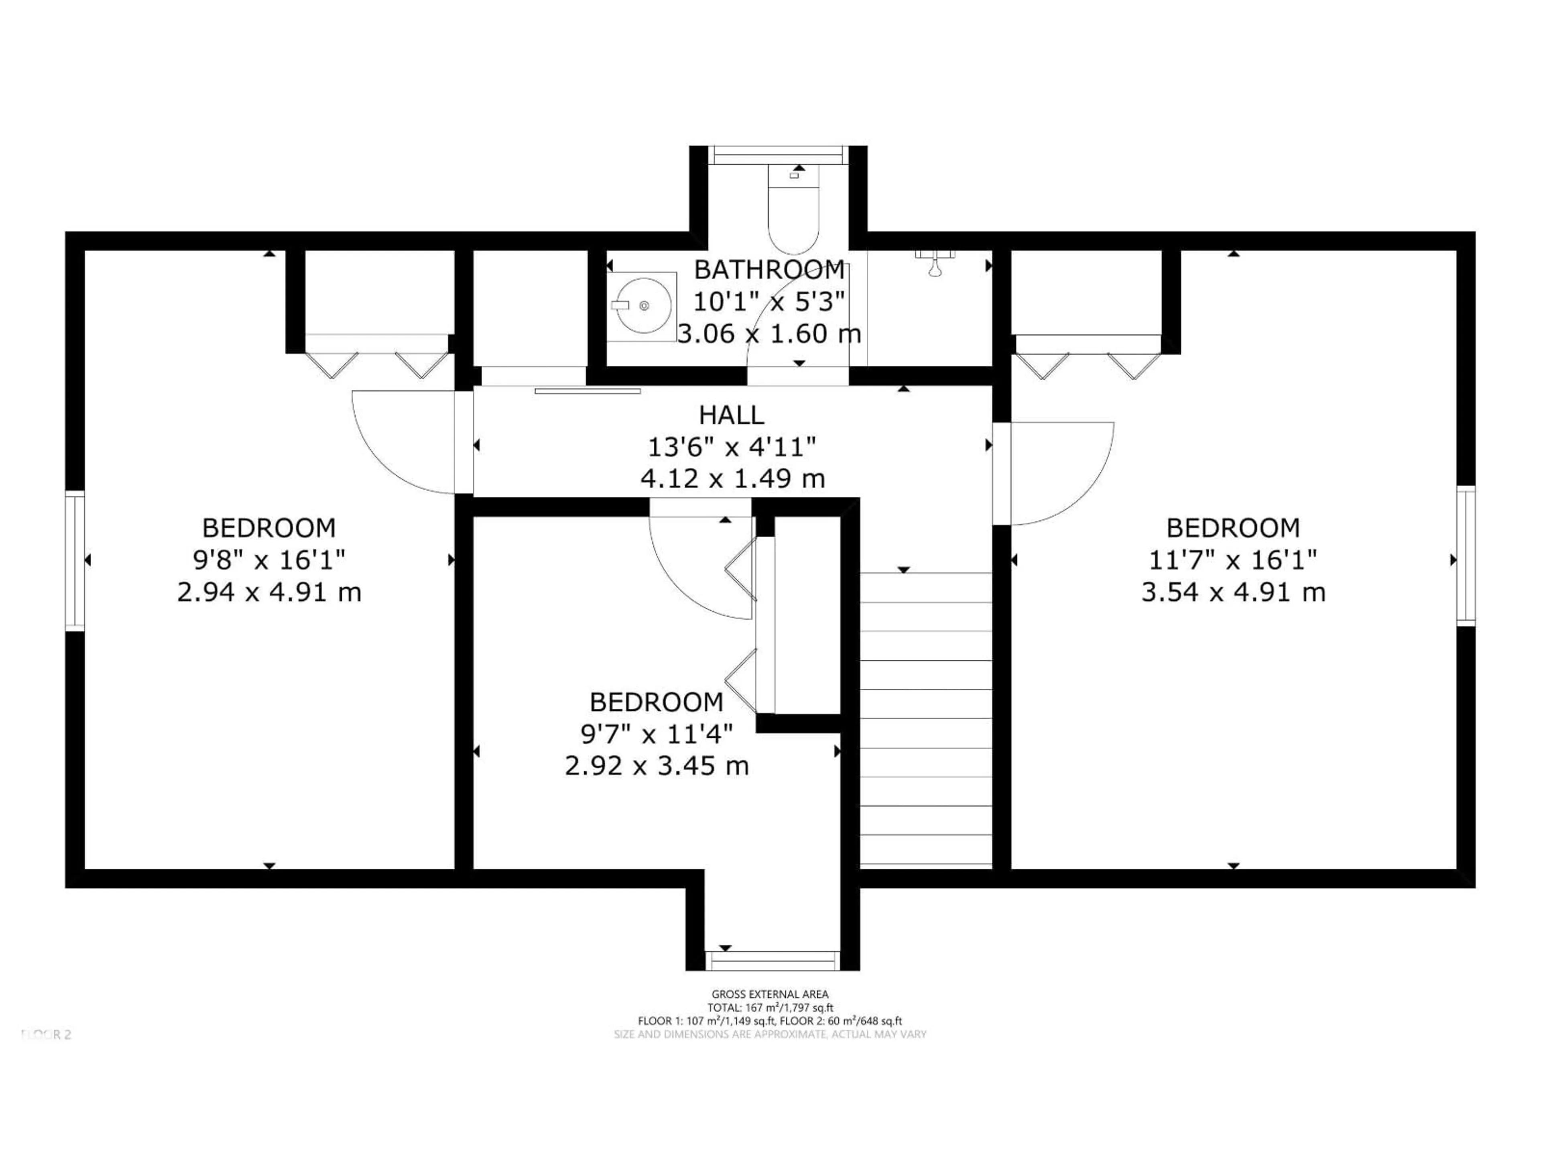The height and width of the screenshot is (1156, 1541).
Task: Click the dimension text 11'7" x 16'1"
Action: point(1232,560)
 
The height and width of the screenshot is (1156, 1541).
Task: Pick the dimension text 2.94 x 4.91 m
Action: point(269,592)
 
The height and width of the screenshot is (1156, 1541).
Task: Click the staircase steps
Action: point(926,718)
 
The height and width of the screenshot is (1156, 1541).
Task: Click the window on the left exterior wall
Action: point(75,560)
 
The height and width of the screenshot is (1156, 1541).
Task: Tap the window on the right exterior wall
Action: point(1466,556)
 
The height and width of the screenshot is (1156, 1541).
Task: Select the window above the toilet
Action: point(778,155)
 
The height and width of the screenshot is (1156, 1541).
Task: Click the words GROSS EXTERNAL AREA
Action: point(770,994)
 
